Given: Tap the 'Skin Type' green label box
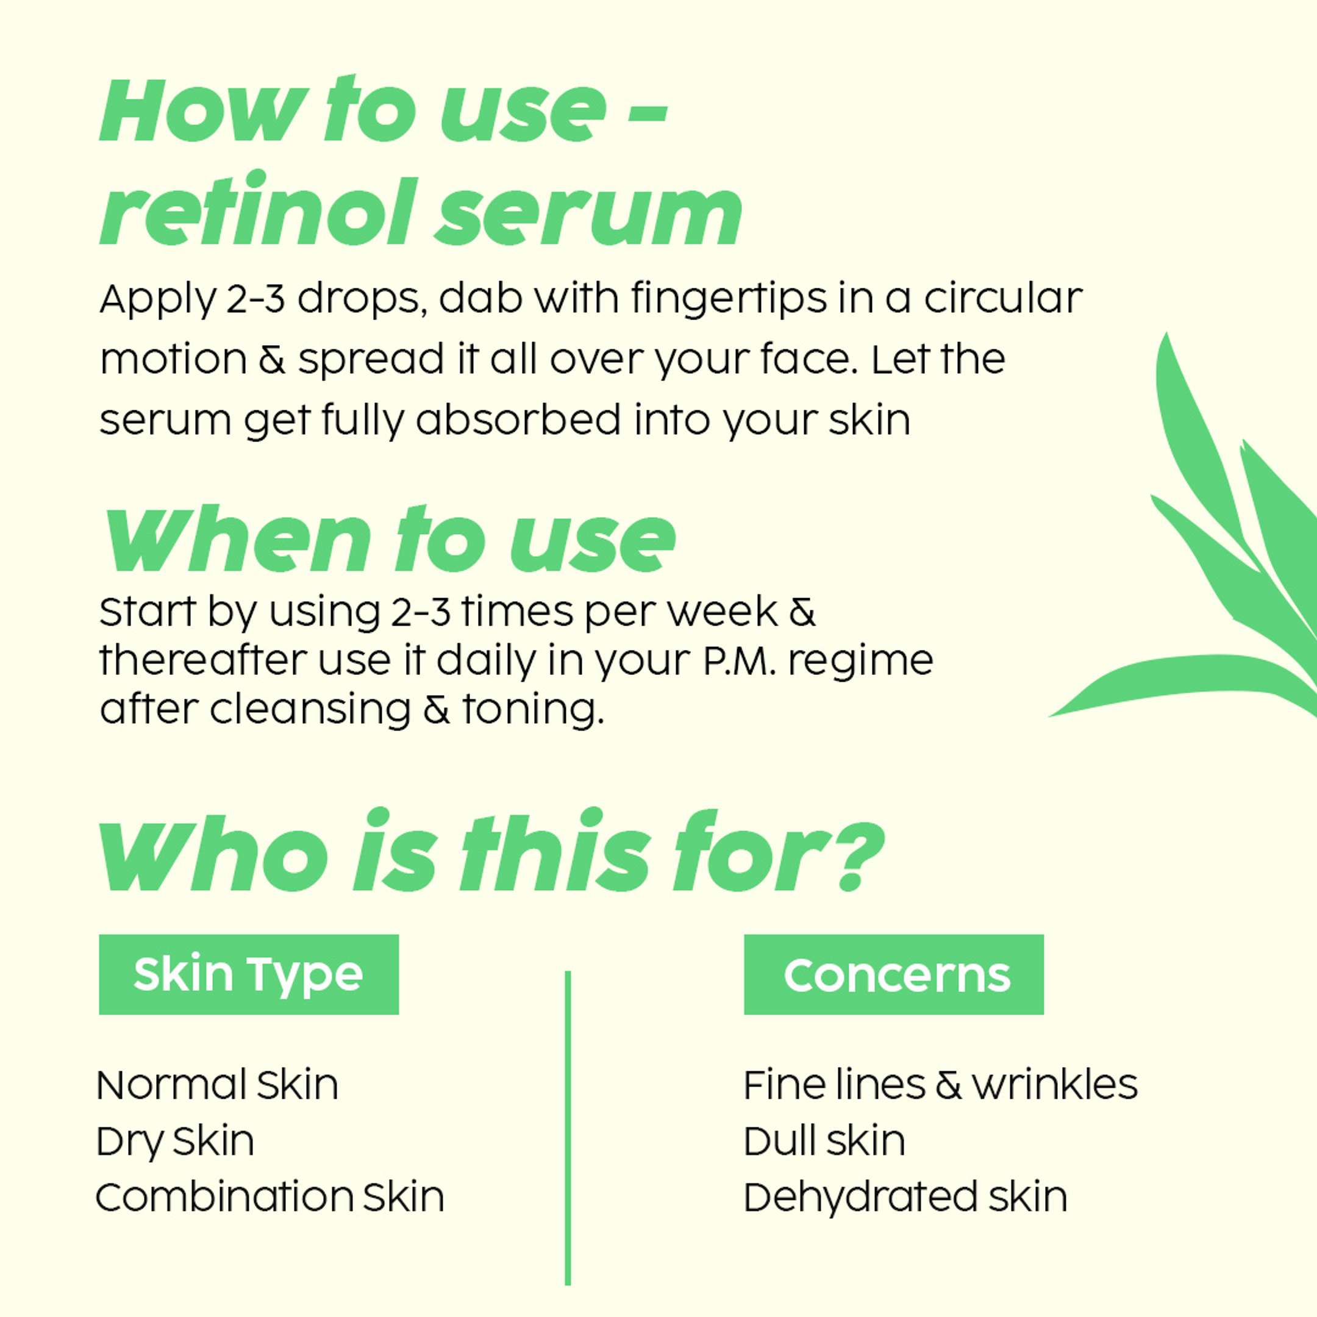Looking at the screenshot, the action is click(x=249, y=974).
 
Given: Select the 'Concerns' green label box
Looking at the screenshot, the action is click(x=894, y=974).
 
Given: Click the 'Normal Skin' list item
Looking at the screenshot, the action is click(x=218, y=1085).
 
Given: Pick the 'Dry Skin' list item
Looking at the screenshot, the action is click(x=175, y=1142).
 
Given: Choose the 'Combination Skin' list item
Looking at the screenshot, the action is click(x=270, y=1197).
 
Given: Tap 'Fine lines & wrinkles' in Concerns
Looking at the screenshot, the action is click(x=941, y=1085).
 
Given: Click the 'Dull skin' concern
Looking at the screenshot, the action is click(x=825, y=1141).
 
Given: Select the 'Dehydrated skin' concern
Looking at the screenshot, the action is click(x=905, y=1197).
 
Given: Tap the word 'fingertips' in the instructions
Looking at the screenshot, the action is click(x=728, y=301).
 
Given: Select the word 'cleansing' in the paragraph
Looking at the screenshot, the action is click(x=310, y=710).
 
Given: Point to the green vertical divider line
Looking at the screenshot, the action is click(x=568, y=1128).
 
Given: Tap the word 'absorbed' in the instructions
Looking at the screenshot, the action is click(x=519, y=420).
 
